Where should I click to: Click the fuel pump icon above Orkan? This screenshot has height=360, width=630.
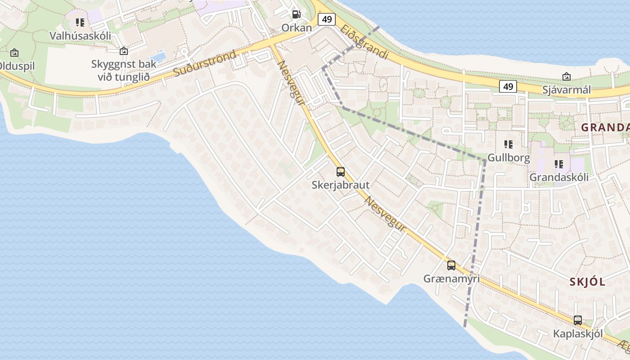[296, 14]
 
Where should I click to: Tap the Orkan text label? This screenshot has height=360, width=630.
[297, 28]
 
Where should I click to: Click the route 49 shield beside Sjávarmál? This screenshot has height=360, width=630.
[508, 86]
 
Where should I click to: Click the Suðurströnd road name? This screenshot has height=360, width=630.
[205, 63]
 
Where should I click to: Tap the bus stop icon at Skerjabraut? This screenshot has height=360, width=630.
[341, 171]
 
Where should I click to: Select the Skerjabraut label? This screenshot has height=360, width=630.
[341, 185]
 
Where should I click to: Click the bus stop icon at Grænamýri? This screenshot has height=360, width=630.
[451, 265]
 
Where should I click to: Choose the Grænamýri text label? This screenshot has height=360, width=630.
[451, 279]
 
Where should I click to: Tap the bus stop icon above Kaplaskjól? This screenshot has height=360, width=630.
[578, 320]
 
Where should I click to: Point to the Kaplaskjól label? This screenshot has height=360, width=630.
[578, 334]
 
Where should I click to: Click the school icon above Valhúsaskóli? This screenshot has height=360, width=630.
[80, 22]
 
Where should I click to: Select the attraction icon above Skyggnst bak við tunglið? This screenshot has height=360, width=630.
[124, 51]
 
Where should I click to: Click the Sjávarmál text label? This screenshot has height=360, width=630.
[566, 90]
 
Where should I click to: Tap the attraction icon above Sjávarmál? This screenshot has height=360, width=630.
[566, 76]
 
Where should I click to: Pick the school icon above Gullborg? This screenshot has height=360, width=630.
[508, 144]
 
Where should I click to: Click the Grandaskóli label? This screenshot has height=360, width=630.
[559, 177]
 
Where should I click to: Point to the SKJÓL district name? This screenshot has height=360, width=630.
[587, 282]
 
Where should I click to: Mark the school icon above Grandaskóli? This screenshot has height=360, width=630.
[559, 164]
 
